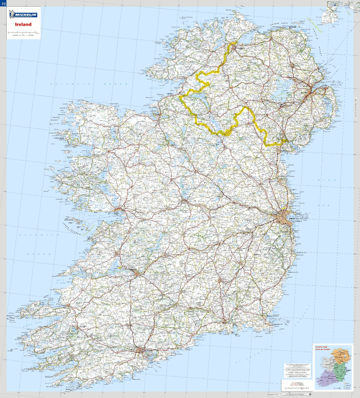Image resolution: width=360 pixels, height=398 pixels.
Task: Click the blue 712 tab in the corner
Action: (3, 3)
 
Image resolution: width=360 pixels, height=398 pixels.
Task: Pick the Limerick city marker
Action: (137, 274)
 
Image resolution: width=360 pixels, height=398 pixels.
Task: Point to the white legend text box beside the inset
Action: (296, 370)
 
